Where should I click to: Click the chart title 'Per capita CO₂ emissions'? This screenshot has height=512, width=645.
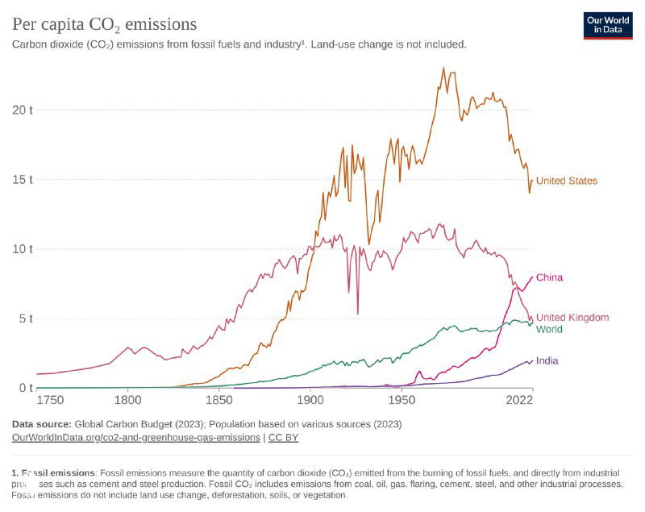pos(104,24)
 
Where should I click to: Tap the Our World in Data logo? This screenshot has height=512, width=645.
pos(608,25)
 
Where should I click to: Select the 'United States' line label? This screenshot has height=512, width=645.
pos(567,181)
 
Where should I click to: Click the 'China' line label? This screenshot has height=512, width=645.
pos(549,277)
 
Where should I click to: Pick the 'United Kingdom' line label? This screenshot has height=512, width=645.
pos(572,318)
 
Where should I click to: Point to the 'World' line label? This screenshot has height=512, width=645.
pos(549,329)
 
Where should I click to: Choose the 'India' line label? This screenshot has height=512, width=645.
pos(547,360)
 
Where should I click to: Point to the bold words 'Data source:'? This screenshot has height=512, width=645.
pos(40,423)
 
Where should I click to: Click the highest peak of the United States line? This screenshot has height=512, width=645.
pos(443,68)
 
